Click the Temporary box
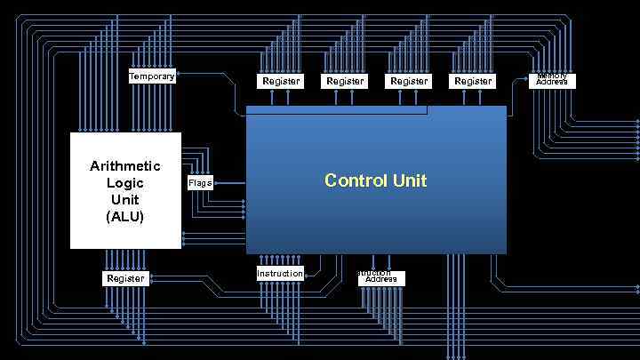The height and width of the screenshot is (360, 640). (152, 76)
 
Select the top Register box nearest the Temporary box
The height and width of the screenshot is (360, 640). (281, 81)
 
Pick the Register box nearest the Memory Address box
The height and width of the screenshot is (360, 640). (473, 81)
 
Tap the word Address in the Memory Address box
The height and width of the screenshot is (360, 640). (552, 83)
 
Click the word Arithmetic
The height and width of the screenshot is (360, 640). (125, 166)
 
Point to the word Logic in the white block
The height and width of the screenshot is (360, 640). (125, 183)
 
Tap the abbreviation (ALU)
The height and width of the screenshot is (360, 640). (125, 217)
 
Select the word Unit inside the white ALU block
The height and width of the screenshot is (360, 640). (125, 200)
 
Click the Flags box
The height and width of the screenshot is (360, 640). (200, 183)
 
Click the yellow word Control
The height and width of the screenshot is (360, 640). (355, 180)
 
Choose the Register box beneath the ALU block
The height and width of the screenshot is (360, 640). (125, 278)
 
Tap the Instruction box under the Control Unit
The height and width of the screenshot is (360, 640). (280, 274)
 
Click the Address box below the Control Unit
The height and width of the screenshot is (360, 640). (381, 279)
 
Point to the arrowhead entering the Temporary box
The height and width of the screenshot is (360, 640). (179, 76)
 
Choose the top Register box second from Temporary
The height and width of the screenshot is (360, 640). (345, 81)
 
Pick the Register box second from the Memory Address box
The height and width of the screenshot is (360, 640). (409, 81)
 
